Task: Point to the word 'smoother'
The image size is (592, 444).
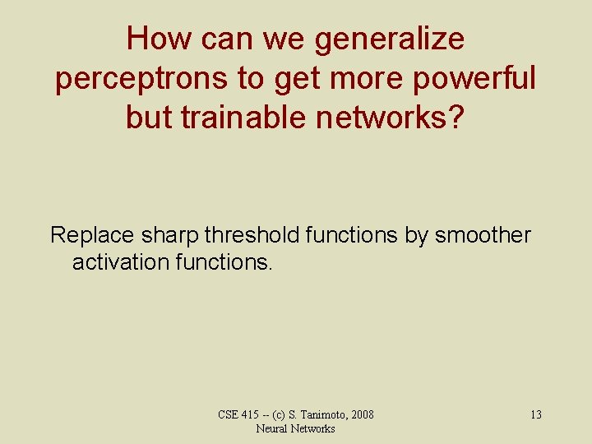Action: coord(483,235)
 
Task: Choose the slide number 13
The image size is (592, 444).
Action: coord(535,414)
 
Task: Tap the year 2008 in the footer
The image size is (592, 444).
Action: coord(361,414)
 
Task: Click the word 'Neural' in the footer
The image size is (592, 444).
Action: coord(272,428)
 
